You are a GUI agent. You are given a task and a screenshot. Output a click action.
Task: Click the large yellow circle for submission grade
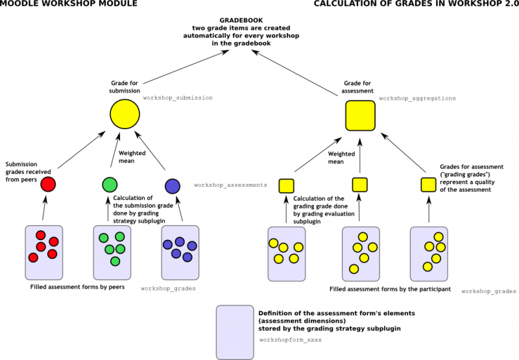coord(125,115)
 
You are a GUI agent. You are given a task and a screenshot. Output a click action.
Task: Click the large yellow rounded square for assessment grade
coord(360,116)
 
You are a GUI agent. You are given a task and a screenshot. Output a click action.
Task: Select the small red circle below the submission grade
coord(48,184)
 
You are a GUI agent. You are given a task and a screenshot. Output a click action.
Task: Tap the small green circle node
coord(110,184)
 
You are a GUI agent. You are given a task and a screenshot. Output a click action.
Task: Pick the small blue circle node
coord(172,186)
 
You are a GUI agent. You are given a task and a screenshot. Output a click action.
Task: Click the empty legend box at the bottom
coord(235,331)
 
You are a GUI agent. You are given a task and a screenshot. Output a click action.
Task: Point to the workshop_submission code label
coord(178,98)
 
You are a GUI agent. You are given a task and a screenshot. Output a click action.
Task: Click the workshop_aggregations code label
coord(417,98)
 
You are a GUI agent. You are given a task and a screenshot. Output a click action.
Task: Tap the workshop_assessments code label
coord(230,185)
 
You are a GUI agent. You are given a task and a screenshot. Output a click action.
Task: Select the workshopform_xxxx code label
coord(290,339)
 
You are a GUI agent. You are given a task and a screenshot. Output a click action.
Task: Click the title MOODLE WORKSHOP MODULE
coord(69,5)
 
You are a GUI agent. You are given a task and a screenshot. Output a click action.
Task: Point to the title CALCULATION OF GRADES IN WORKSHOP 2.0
coord(416,5)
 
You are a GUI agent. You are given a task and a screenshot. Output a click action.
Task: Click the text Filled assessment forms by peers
coord(77,286)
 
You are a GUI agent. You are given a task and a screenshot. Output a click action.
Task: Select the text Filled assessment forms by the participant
coord(389,289)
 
